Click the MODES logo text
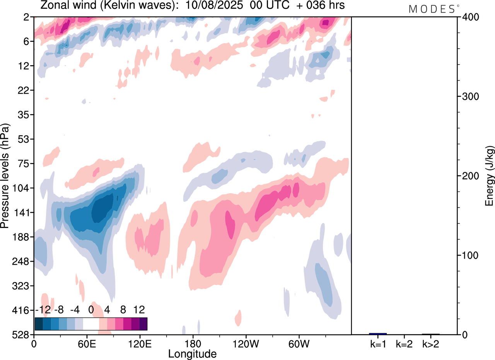[x=432, y=9]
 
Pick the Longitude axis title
[x=192, y=353]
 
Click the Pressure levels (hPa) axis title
[x=5, y=176]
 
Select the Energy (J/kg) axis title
[x=489, y=176]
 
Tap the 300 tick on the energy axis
[x=469, y=96]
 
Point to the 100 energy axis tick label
[x=469, y=255]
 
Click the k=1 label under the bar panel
[x=377, y=344]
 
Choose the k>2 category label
[x=430, y=344]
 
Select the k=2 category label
[x=404, y=344]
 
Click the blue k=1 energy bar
[x=377, y=334]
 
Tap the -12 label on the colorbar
[x=43, y=310]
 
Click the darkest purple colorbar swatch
[x=143, y=324]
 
